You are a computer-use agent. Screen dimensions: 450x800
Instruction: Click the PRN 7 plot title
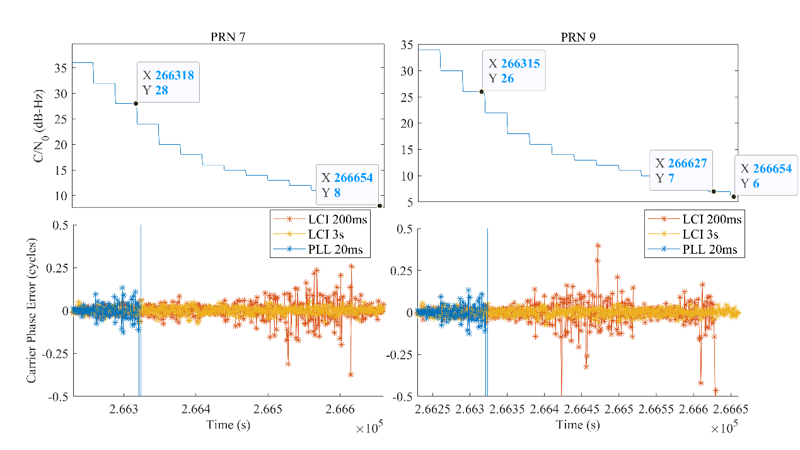228,37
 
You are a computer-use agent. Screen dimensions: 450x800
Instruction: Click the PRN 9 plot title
578,37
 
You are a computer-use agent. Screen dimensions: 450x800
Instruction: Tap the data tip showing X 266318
168,82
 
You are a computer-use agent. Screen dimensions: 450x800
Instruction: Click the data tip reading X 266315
514,70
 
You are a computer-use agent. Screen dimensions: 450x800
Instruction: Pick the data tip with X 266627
681,171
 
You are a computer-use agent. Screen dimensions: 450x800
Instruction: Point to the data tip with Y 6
766,176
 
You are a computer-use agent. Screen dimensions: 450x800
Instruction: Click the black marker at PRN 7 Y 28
136,103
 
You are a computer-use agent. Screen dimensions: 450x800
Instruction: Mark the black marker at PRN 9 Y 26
482,91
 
